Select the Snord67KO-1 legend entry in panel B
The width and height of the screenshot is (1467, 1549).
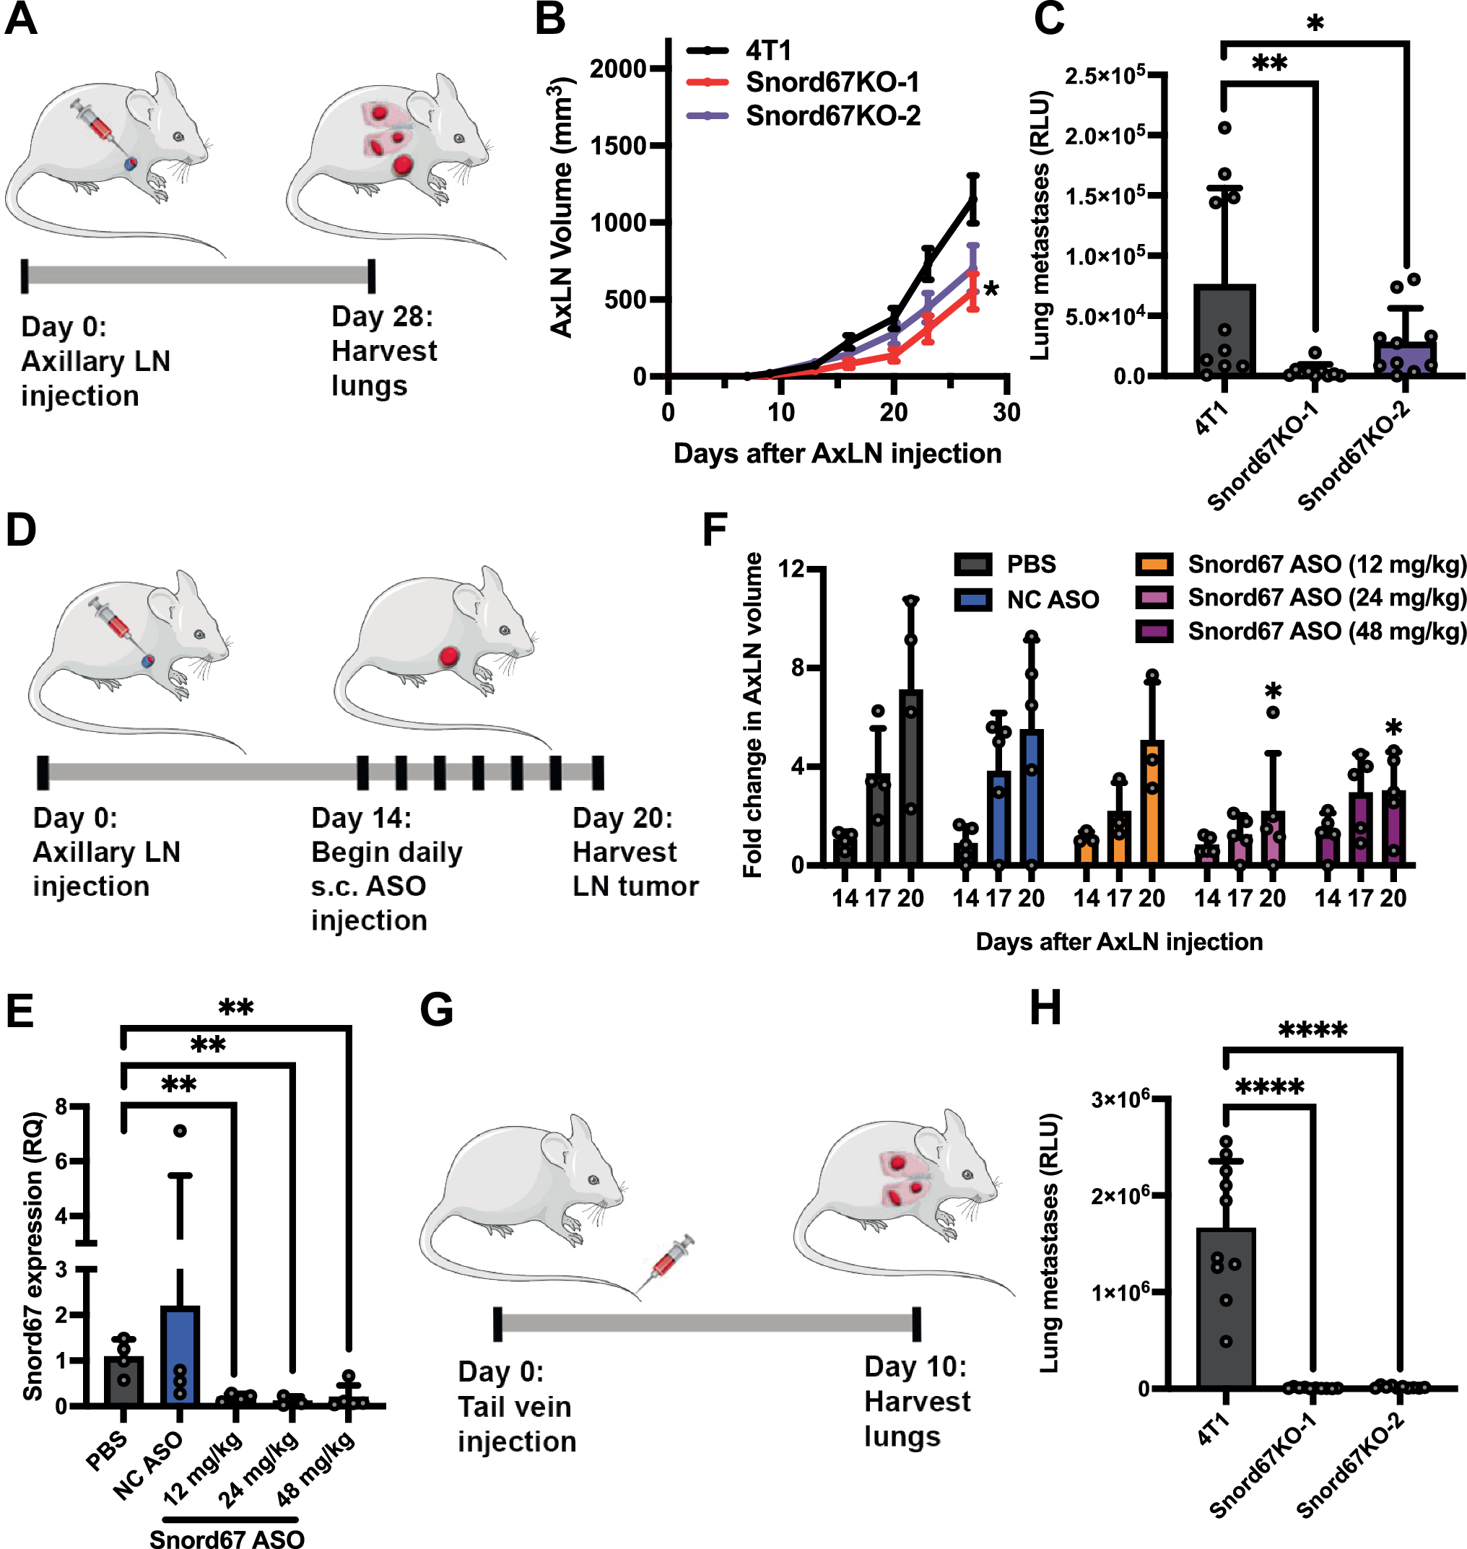831,82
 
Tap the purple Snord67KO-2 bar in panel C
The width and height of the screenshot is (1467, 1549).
1405,359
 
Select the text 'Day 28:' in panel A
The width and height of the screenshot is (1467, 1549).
382,317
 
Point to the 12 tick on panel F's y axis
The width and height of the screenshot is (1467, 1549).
791,569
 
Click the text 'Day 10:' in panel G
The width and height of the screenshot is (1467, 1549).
915,1367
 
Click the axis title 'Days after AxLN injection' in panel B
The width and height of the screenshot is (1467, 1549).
837,454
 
